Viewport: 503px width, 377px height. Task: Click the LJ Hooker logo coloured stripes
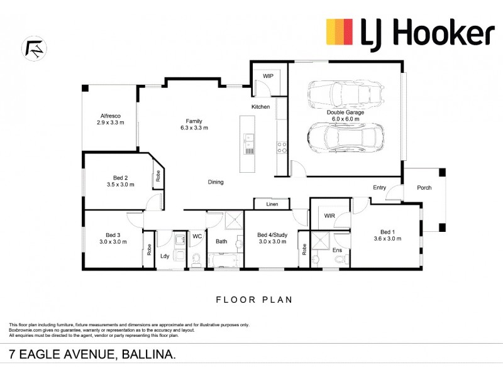pos(340,32)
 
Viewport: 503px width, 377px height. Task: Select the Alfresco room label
pos(110,116)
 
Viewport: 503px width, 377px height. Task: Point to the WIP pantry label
pos(268,75)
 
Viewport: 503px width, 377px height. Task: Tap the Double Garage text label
pos(343,112)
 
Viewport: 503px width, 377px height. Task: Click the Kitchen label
pos(261,107)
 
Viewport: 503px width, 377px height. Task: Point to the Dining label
pos(216,182)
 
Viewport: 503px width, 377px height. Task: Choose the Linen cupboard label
pos(272,204)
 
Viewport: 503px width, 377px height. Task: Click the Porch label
pos(424,187)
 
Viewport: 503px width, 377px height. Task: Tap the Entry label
pos(380,187)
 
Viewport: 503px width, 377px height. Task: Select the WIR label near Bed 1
pos(329,216)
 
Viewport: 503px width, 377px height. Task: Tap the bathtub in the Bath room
pos(223,260)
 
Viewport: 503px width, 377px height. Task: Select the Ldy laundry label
pos(165,256)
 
